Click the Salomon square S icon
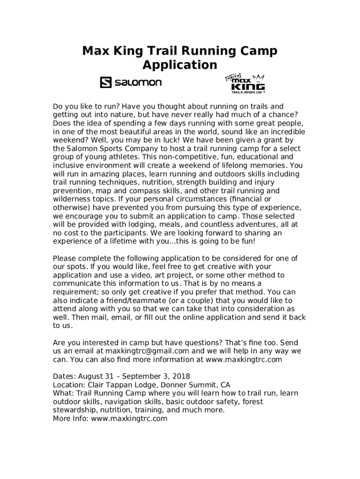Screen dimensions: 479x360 105,82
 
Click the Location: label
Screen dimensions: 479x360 69,385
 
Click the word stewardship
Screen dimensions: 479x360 74,410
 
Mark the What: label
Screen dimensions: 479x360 64,393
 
